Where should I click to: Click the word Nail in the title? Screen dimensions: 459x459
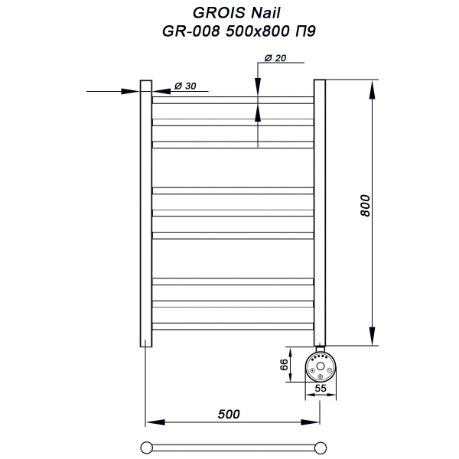coord(258,13)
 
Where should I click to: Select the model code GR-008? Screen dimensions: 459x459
coord(181,32)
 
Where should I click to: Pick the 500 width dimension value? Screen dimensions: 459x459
coord(229,414)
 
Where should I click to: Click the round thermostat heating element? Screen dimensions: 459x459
coord(319,366)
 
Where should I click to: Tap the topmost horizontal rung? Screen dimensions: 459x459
coord(233,99)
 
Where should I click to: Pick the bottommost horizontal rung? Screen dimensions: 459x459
coord(233,326)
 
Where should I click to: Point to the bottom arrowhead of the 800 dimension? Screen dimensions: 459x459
coord(373,338)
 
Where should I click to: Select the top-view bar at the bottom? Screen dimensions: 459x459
coord(233,445)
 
